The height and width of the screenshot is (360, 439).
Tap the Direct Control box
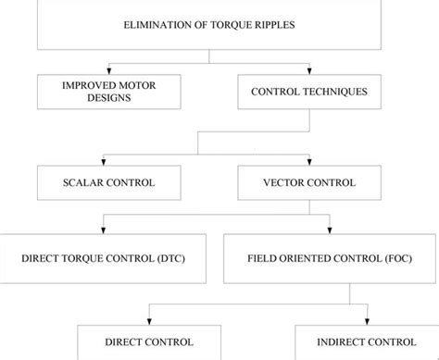pos(148,341)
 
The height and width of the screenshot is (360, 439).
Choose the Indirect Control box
pos(366,341)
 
